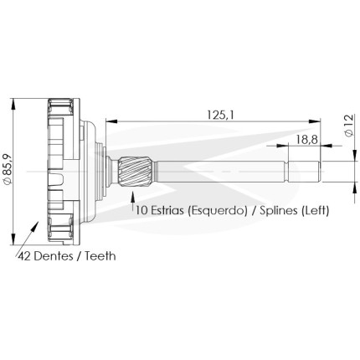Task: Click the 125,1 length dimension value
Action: pyautogui.click(x=220, y=115)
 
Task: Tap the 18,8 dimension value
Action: pyautogui.click(x=306, y=139)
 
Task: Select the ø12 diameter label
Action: pyautogui.click(x=349, y=126)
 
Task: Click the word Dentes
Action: pyautogui.click(x=53, y=255)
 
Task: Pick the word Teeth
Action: pyautogui.click(x=100, y=255)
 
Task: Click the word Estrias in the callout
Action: pyautogui.click(x=167, y=210)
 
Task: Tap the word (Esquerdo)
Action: pyautogui.click(x=218, y=210)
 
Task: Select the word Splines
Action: pyautogui.click(x=278, y=210)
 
